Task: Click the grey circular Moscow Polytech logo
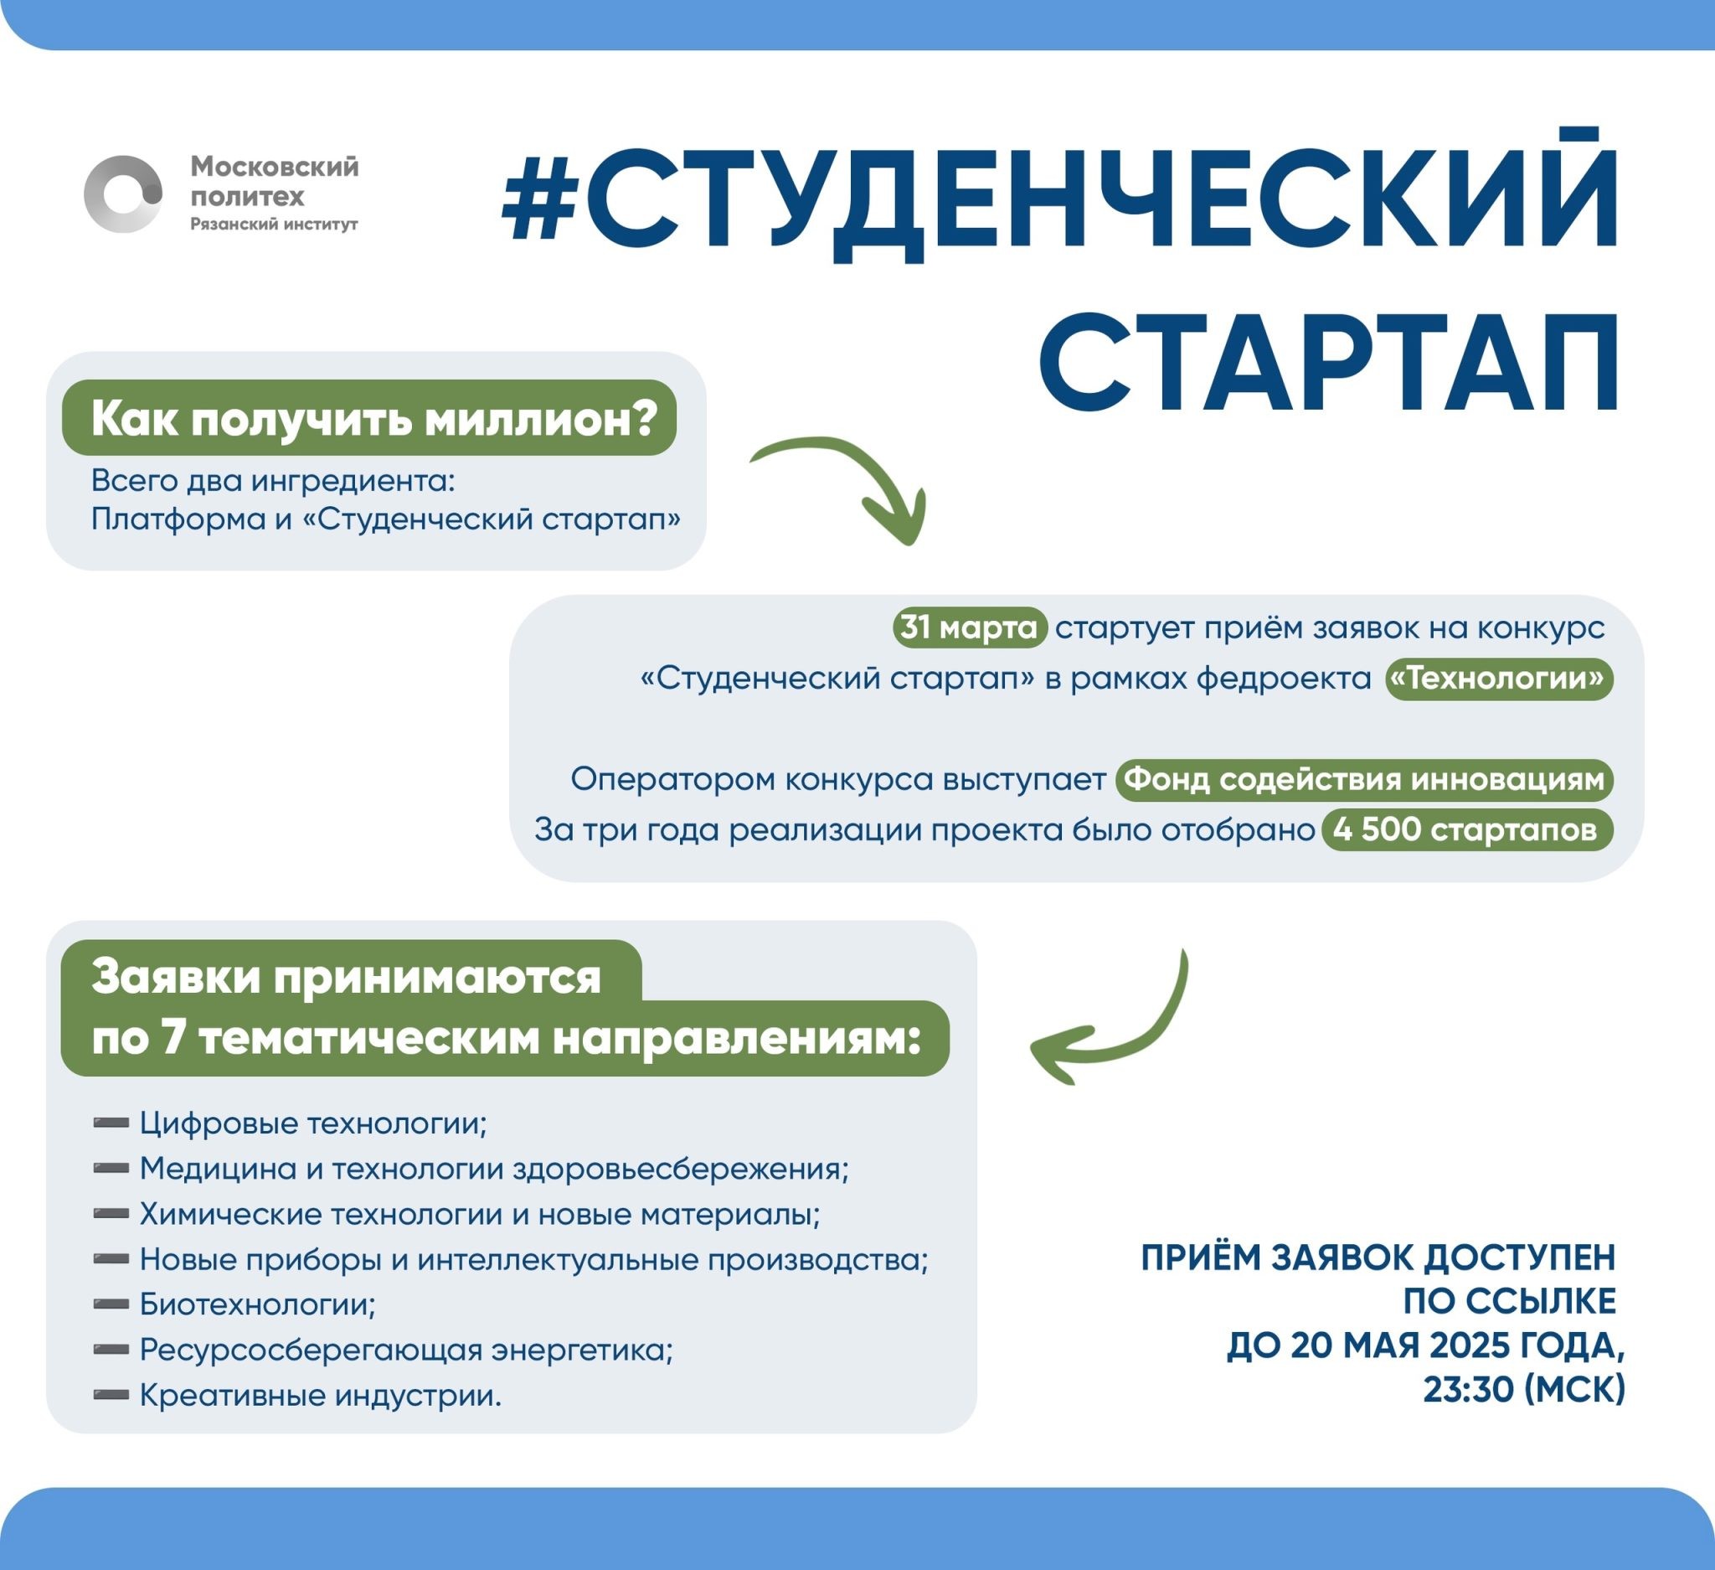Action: coord(123,194)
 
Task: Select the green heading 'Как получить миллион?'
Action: coord(369,419)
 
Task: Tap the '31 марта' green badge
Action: coord(969,628)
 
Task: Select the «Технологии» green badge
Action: coord(1499,679)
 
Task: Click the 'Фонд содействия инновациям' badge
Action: coord(1363,779)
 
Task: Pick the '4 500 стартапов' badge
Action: coord(1465,829)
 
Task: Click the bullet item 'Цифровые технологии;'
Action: coord(313,1123)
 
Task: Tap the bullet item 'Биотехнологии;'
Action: coord(257,1304)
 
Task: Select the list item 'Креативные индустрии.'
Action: coord(320,1395)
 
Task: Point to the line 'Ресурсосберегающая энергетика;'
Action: coord(406,1350)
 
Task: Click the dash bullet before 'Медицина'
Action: coord(111,1169)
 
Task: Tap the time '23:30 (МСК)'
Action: coord(1523,1390)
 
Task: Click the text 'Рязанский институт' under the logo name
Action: coord(274,225)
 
